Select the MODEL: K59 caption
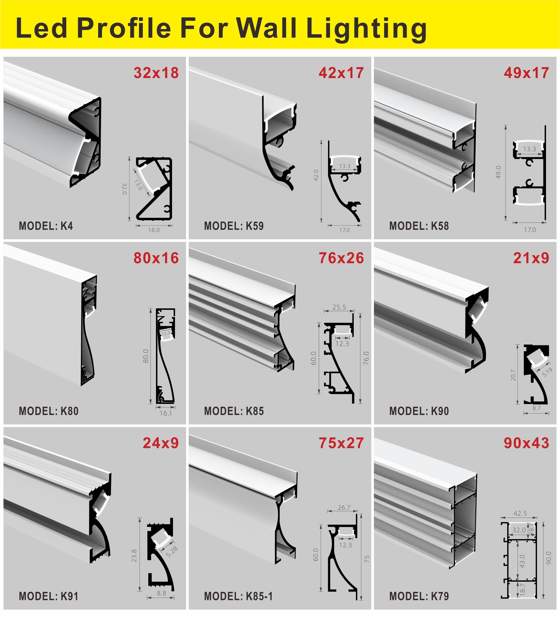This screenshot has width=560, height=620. [x=234, y=226]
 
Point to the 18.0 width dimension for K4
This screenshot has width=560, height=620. [x=154, y=230]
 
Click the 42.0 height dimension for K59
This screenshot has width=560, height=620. [x=316, y=175]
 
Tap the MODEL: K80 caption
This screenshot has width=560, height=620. [x=49, y=411]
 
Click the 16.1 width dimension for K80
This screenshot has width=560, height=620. [x=166, y=413]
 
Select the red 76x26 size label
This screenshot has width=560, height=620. [x=341, y=258]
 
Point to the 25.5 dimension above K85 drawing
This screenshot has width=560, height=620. [x=339, y=307]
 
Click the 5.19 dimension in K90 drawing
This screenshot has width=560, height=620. [x=547, y=372]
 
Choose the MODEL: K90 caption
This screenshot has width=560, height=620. [x=419, y=411]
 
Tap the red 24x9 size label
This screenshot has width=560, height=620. [x=161, y=443]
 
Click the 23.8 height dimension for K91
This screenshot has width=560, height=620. [x=134, y=556]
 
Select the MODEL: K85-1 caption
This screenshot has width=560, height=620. [x=238, y=597]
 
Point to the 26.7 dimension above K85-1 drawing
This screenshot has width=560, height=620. [x=344, y=508]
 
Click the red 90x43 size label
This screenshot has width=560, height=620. [x=526, y=443]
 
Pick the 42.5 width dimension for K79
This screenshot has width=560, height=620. [x=520, y=513]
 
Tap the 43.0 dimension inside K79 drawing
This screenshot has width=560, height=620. [x=522, y=561]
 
